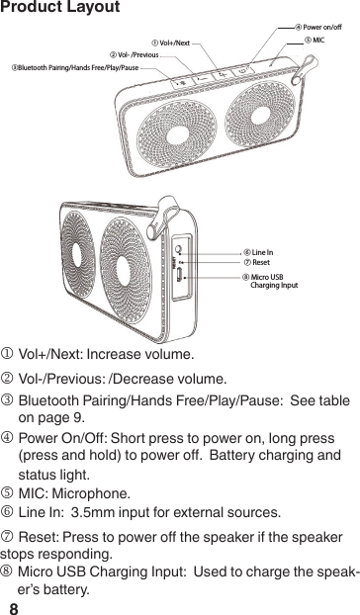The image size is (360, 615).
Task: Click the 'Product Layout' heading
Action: (60, 9)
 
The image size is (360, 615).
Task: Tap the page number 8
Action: (14, 603)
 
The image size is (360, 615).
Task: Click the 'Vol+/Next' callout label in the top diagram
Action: (170, 44)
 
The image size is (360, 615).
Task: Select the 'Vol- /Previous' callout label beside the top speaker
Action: (134, 55)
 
